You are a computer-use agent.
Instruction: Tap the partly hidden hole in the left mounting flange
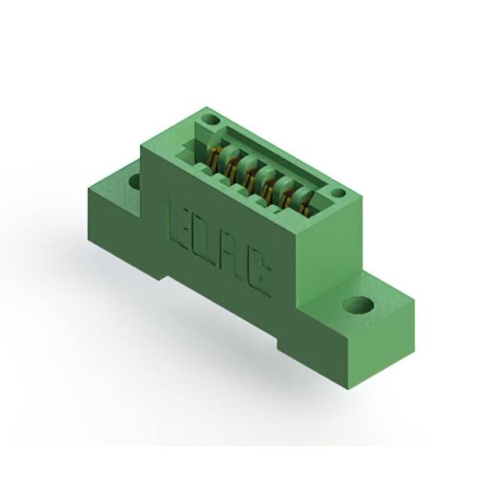point(134,182)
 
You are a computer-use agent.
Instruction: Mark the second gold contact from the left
point(230,164)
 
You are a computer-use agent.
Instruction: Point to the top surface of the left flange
point(117,180)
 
